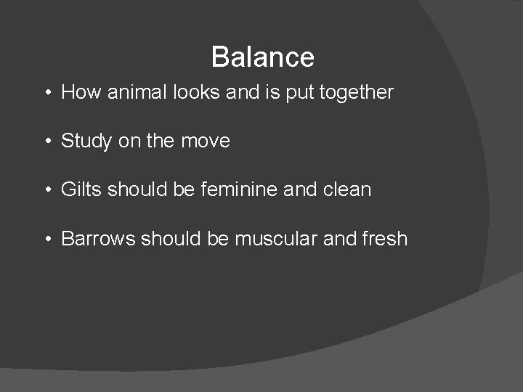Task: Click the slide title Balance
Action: pos(262,57)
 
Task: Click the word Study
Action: pos(86,141)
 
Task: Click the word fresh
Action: pos(384,238)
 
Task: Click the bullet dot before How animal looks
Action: pos(46,93)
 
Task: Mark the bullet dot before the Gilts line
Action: pos(46,190)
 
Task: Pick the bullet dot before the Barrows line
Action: pos(46,239)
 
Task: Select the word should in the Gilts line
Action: pos(136,189)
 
